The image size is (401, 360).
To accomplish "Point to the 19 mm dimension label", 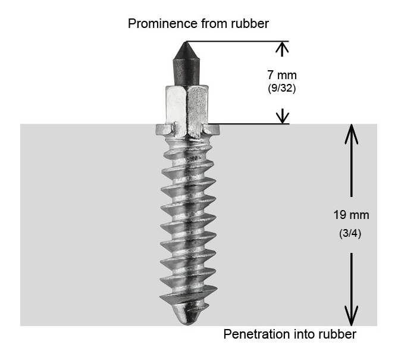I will point(351,214).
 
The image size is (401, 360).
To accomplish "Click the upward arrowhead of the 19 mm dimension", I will point(352,133).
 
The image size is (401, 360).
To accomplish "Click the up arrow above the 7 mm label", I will point(283,48).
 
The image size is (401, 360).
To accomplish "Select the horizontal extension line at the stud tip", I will point(238,41).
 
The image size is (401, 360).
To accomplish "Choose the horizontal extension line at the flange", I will point(250,124).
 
